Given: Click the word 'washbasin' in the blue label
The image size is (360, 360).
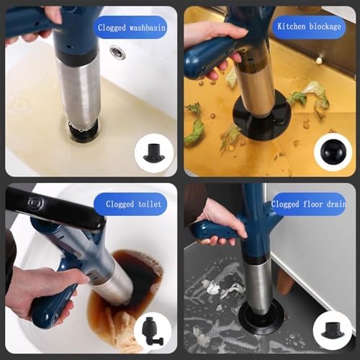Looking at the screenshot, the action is pyautogui.click(x=148, y=27).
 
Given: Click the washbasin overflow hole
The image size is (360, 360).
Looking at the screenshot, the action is pyautogui.click(x=117, y=53).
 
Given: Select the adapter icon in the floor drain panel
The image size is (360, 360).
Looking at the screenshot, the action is pyautogui.click(x=333, y=327).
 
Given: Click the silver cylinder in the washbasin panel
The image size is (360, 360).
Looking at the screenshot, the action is pyautogui.click(x=79, y=91).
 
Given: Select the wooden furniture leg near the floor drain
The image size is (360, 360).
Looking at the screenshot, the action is pyautogui.click(x=285, y=283).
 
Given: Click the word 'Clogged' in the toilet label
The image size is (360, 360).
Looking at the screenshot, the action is pyautogui.click(x=120, y=204).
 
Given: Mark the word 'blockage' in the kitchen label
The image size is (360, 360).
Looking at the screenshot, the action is pyautogui.click(x=325, y=26).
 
